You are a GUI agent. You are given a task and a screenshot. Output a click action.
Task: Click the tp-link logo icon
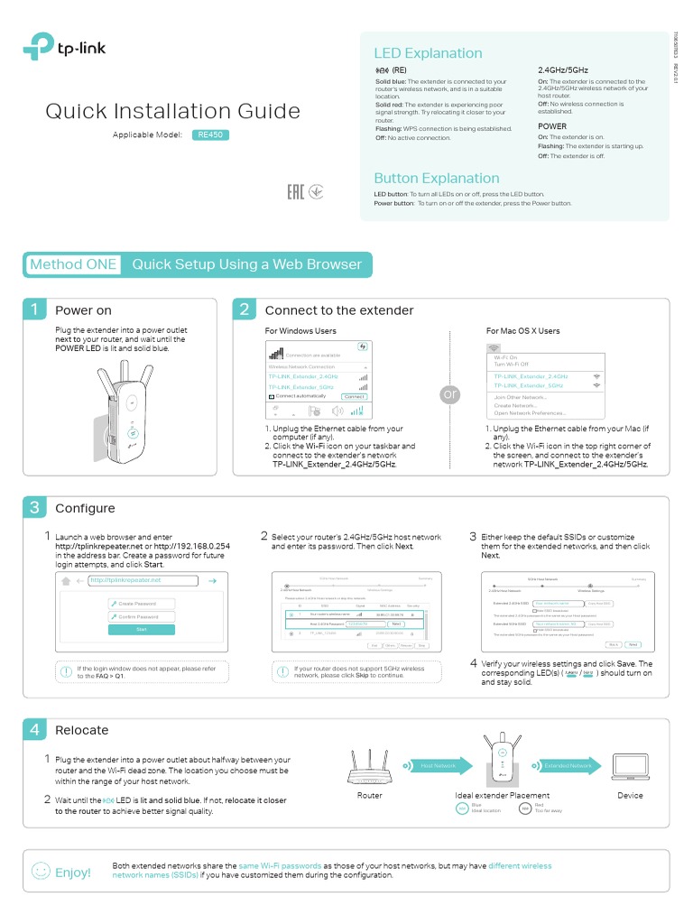pyautogui.click(x=39, y=46)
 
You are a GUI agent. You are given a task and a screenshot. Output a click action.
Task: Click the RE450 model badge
pyautogui.click(x=211, y=135)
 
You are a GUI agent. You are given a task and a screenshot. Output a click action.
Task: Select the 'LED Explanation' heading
pyautogui.click(x=428, y=53)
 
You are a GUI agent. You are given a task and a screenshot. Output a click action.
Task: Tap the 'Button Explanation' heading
pyautogui.click(x=436, y=178)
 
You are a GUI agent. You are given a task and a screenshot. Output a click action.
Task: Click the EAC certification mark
pyautogui.click(x=294, y=192)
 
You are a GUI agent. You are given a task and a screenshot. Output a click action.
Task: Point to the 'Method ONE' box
pyautogui.click(x=73, y=264)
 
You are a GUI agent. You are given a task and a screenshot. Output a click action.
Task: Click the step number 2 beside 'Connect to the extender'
pyautogui.click(x=245, y=310)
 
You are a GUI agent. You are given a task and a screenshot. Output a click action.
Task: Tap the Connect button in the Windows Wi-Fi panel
pyautogui.click(x=355, y=397)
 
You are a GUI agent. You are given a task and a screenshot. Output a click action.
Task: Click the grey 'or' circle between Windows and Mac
pyautogui.click(x=450, y=395)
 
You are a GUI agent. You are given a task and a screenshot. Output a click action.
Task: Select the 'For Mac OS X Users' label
pyautogui.click(x=522, y=331)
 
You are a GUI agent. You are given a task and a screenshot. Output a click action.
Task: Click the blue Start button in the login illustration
pyautogui.click(x=141, y=629)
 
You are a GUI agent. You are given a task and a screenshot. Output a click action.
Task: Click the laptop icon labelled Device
pyautogui.click(x=630, y=766)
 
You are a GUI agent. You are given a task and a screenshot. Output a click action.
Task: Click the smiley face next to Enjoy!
pyautogui.click(x=41, y=872)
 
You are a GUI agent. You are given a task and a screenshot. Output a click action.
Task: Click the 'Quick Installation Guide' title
pyautogui.click(x=172, y=111)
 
